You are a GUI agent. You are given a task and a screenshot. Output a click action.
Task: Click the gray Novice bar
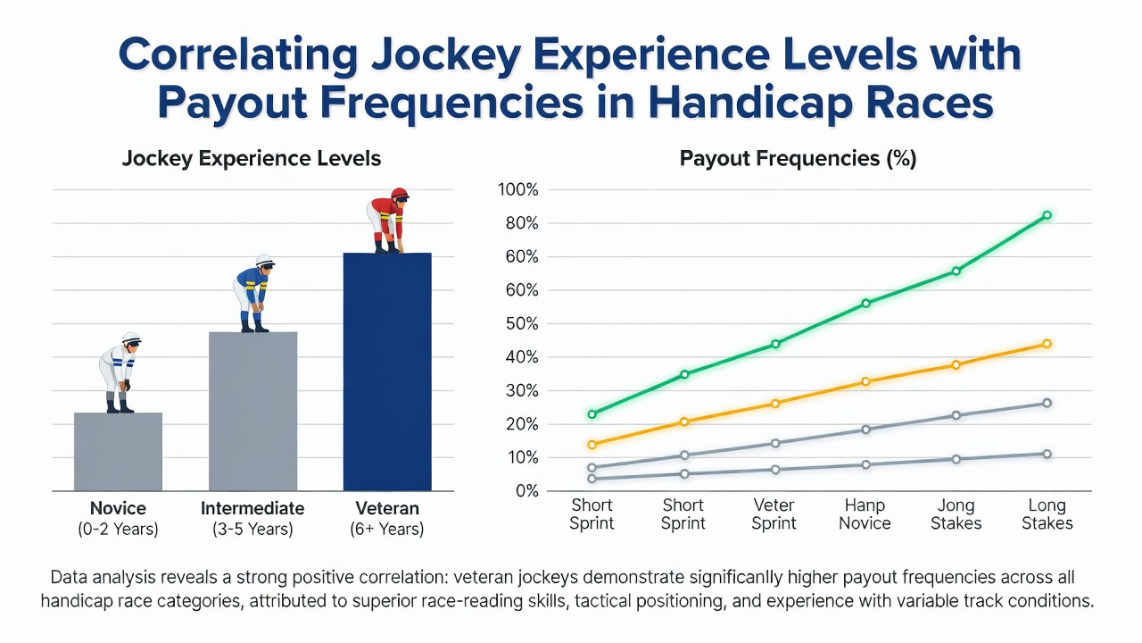tap(119, 452)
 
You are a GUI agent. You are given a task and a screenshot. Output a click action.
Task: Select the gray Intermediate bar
tap(252, 412)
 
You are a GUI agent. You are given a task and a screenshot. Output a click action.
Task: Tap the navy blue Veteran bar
tap(387, 372)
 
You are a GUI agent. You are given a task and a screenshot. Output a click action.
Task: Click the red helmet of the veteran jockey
tap(400, 194)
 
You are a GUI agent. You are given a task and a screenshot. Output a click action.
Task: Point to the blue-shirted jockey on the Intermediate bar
tap(254, 294)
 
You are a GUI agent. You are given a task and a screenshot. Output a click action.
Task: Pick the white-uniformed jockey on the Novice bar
tap(120, 372)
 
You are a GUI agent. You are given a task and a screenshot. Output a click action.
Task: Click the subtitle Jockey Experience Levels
tap(252, 158)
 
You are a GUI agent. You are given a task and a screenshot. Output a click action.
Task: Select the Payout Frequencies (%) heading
tap(798, 158)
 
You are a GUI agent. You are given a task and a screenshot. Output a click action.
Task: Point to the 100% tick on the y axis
tap(518, 190)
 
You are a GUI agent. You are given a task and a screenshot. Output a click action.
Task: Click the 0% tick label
tap(527, 491)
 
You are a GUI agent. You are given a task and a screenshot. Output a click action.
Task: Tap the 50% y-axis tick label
tap(522, 323)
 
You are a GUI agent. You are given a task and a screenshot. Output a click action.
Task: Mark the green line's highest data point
tap(1047, 215)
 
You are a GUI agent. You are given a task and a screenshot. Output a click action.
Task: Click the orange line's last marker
tap(1047, 344)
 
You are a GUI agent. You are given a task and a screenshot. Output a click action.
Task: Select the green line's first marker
tap(592, 413)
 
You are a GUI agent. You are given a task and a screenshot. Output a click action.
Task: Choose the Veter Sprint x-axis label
tap(774, 514)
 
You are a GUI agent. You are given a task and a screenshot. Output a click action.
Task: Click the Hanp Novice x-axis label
tap(865, 514)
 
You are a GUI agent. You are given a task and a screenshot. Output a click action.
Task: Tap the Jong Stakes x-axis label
tap(956, 514)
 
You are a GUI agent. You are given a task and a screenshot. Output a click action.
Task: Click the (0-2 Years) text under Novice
tap(119, 530)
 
